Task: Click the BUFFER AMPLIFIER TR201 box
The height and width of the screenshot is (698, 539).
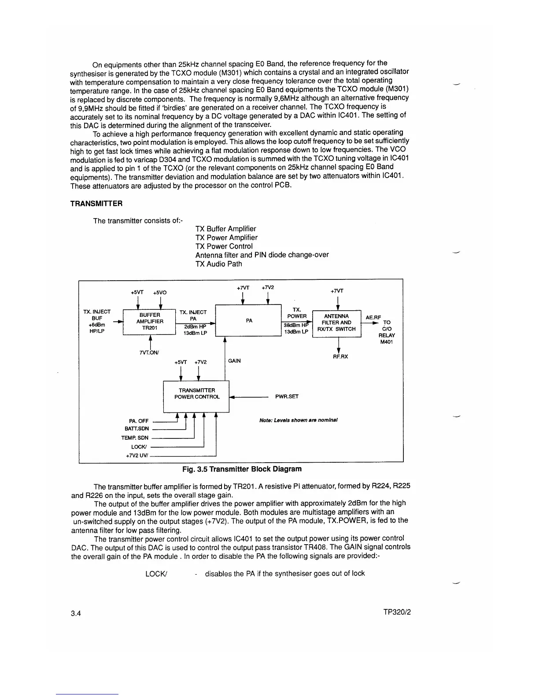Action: [x=150, y=322]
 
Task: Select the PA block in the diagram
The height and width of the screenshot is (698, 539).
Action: [x=248, y=320]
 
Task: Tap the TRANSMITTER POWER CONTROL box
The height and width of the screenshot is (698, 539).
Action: [x=196, y=394]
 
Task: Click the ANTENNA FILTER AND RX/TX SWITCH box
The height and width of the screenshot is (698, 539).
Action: [x=336, y=323]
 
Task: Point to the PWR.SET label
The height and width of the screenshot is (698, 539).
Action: [x=287, y=397]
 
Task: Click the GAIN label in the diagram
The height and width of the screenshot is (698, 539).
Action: [x=234, y=361]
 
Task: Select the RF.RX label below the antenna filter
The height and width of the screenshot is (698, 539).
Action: [x=340, y=356]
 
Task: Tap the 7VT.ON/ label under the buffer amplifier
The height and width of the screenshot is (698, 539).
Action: [x=149, y=353]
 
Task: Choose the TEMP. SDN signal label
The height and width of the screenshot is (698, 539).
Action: [x=135, y=438]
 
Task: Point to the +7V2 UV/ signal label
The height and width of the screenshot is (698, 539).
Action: [x=137, y=456]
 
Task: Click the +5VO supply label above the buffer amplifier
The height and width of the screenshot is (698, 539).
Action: [x=160, y=293]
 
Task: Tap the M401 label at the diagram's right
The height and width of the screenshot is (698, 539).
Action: [x=387, y=342]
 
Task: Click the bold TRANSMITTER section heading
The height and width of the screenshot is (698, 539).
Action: [x=96, y=204]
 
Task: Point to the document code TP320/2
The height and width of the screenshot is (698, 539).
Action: [x=397, y=613]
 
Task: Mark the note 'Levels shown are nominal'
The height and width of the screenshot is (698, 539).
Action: [x=299, y=420]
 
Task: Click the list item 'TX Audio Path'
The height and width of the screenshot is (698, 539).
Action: [x=218, y=264]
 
